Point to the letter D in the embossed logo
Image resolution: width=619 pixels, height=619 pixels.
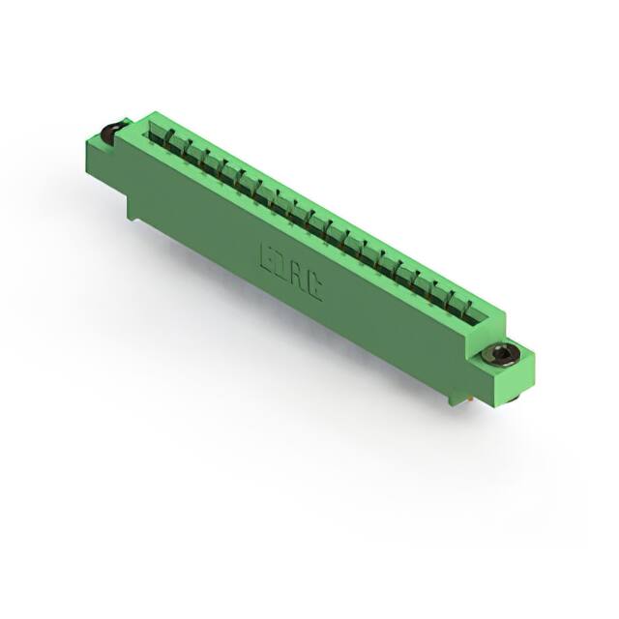(x=281, y=264)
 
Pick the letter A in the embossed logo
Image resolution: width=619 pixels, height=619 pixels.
(x=298, y=275)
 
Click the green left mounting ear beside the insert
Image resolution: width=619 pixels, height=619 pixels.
(x=100, y=148)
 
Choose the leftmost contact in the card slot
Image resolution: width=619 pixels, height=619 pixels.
(x=158, y=138)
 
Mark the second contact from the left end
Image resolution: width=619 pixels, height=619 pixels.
(x=175, y=148)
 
